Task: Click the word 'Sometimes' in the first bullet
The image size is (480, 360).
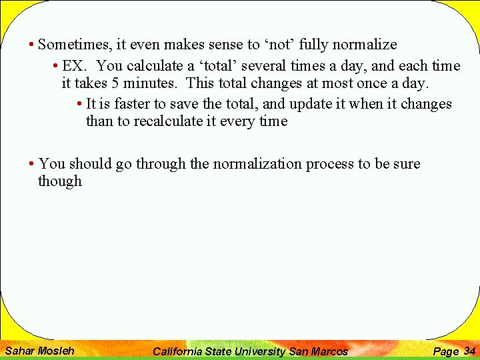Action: (x=75, y=45)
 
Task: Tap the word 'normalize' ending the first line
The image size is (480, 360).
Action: (x=365, y=45)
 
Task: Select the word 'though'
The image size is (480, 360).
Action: (x=60, y=181)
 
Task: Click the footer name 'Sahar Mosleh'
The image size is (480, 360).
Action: (x=39, y=351)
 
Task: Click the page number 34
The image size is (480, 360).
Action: (x=469, y=351)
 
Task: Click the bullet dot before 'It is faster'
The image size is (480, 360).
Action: (x=79, y=105)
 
